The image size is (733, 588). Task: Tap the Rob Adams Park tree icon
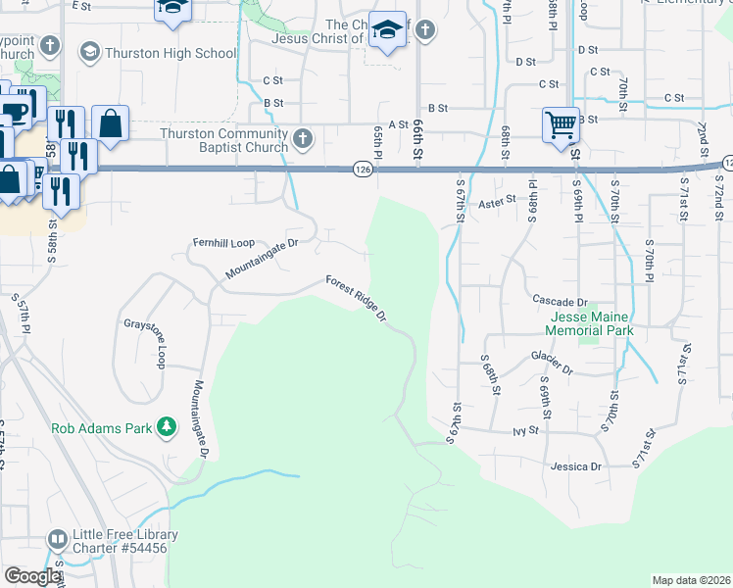[x=168, y=427]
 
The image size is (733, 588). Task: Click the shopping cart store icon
[x=560, y=123]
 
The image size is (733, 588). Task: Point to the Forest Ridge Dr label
[x=357, y=298]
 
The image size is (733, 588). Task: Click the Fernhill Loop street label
[x=222, y=241]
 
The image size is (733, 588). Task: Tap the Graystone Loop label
[x=143, y=341]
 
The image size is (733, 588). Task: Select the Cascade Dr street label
[x=560, y=301]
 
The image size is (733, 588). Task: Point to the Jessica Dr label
[x=575, y=466]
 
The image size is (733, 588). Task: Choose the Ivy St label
[x=525, y=429]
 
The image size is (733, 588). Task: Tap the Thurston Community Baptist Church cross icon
[x=303, y=139]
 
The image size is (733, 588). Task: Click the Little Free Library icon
[x=58, y=540]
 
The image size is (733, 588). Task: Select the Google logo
[x=32, y=576]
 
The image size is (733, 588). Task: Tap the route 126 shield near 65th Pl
[x=362, y=170]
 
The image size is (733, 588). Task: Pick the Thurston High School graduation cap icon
[x=90, y=51]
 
